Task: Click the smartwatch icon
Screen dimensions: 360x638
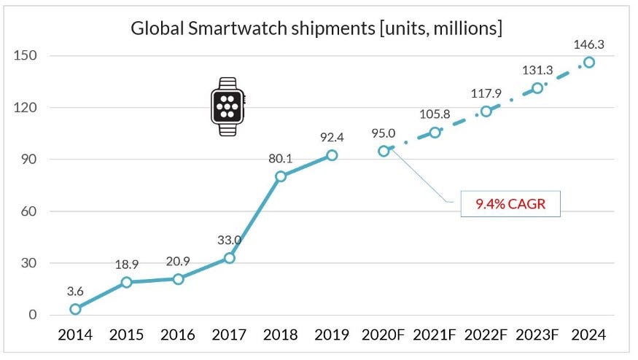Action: pyautogui.click(x=227, y=109)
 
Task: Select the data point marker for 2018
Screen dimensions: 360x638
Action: pyautogui.click(x=281, y=176)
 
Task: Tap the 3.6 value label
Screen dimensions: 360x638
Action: pyautogui.click(x=75, y=291)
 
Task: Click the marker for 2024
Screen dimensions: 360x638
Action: pyautogui.click(x=588, y=62)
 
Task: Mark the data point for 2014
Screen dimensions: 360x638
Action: pyautogui.click(x=75, y=309)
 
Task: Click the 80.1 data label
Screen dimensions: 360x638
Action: pyautogui.click(x=281, y=158)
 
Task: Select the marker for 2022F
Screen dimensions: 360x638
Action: pyautogui.click(x=486, y=111)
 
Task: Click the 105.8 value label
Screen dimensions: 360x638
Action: pyautogui.click(x=434, y=114)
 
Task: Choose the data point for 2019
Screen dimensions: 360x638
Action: pyautogui.click(x=332, y=155)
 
